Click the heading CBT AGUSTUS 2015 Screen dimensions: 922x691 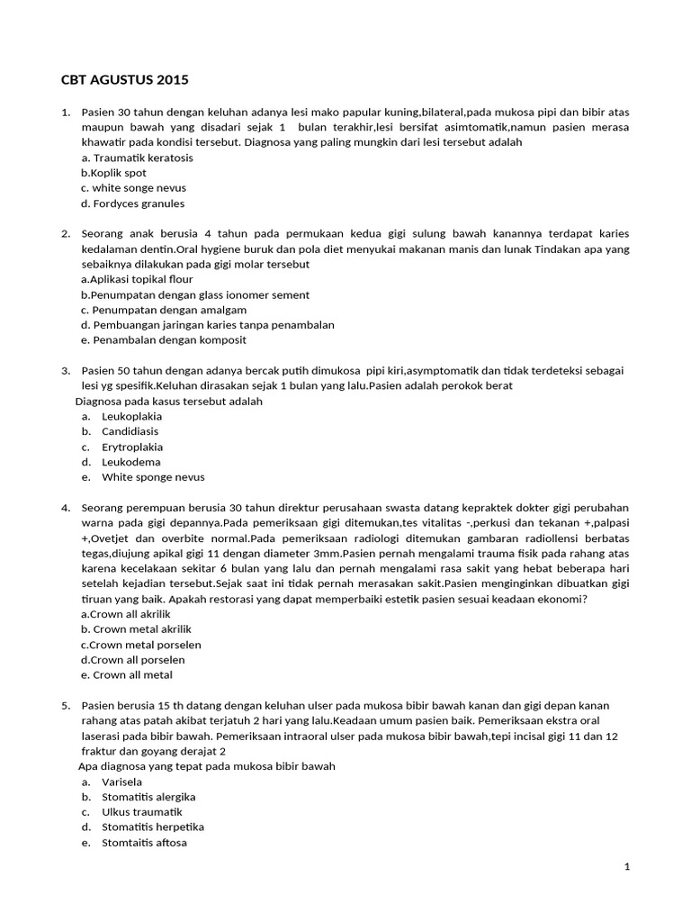124,80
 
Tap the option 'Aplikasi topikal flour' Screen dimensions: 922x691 137,280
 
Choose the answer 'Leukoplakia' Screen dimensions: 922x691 131,416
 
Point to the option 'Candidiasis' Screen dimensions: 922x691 130,431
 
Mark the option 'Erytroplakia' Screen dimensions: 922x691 132,447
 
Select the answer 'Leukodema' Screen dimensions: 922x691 130,462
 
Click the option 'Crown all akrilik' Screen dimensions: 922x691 126,614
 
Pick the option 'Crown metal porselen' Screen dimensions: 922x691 140,645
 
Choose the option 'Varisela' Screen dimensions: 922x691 123,782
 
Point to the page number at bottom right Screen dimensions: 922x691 626,866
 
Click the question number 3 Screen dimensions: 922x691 66,371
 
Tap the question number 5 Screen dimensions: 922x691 66,706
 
